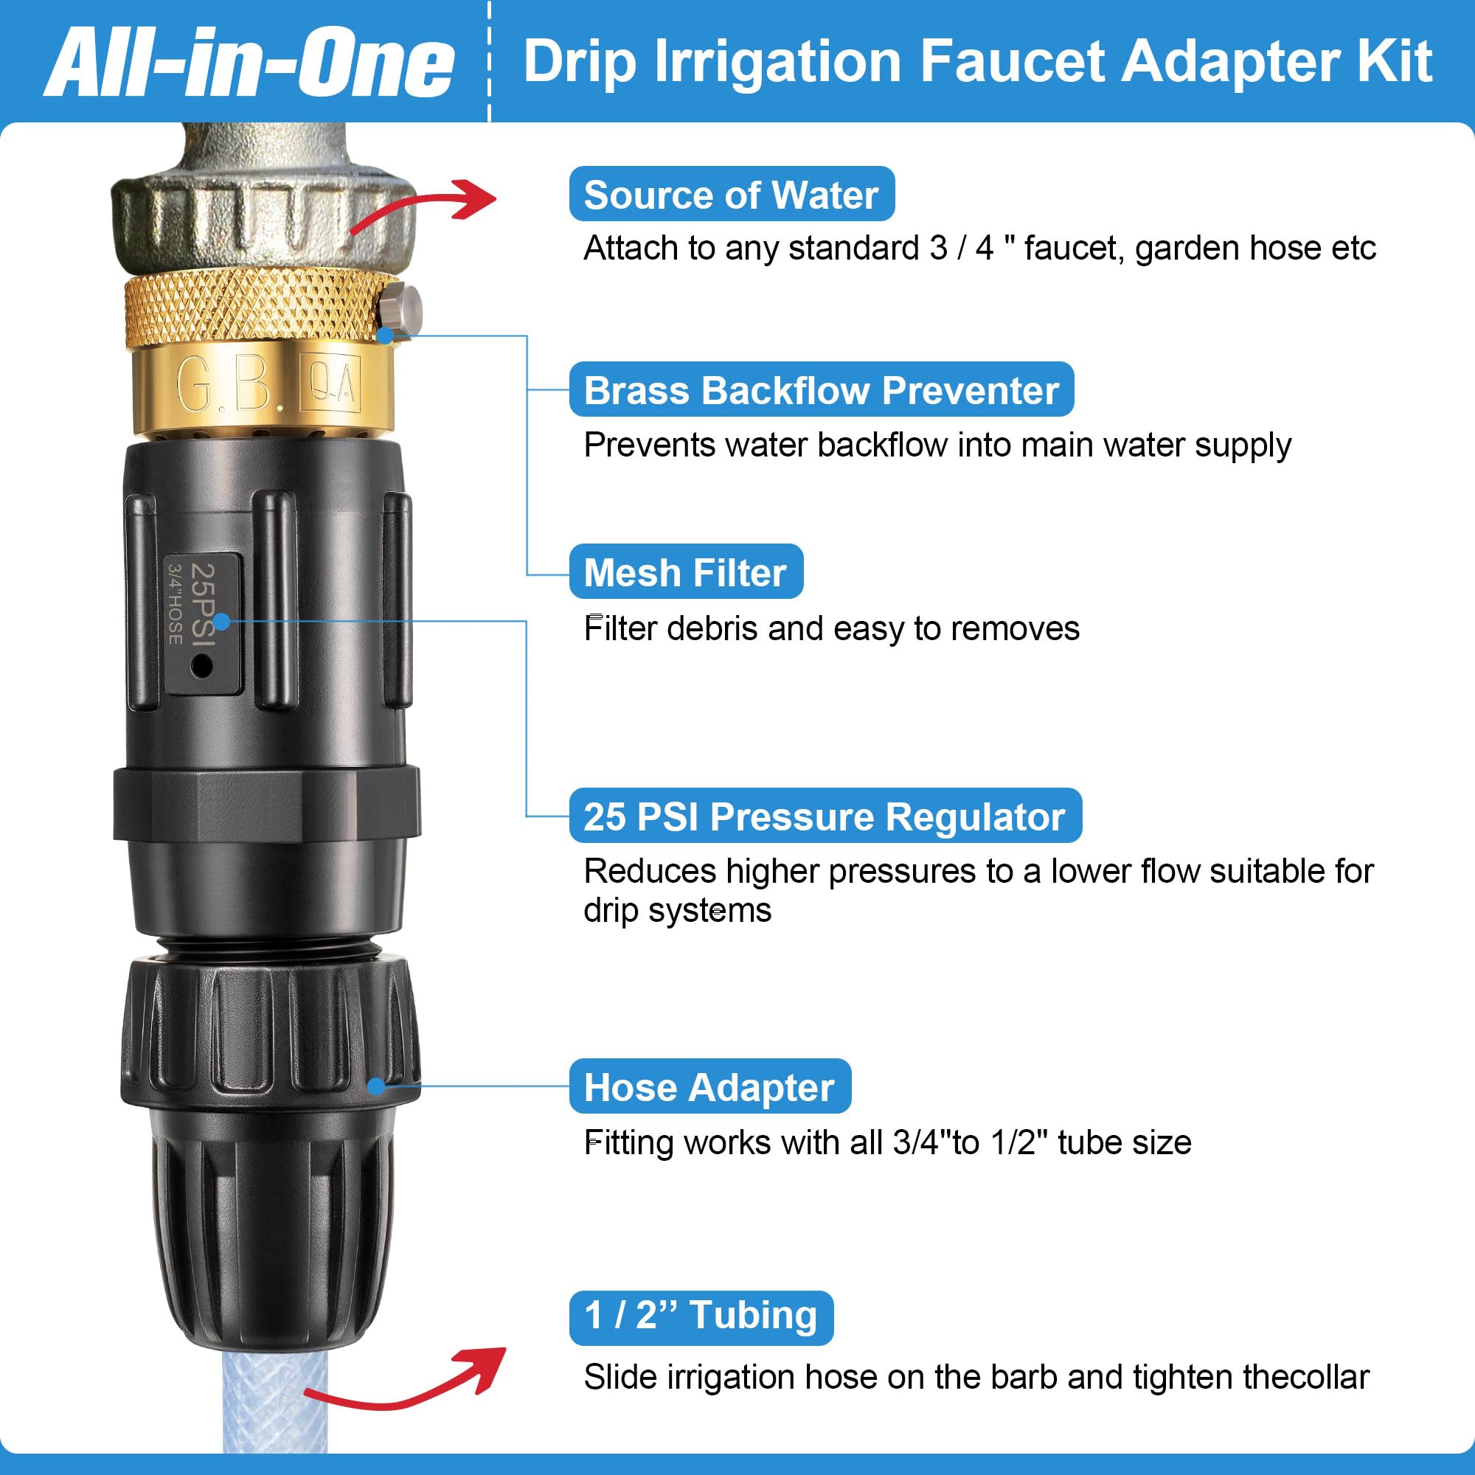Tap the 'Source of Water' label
pyautogui.click(x=731, y=195)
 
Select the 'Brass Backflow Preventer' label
pyautogui.click(x=821, y=390)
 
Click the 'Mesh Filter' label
pyautogui.click(x=685, y=572)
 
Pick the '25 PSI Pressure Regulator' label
pyautogui.click(x=825, y=816)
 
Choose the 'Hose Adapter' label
pyautogui.click(x=709, y=1086)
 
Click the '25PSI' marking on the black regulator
pyautogui.click(x=203, y=603)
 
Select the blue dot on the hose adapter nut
pyautogui.click(x=375, y=1086)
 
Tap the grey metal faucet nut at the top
pyautogui.click(x=263, y=214)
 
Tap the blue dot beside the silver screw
pyautogui.click(x=386, y=334)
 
